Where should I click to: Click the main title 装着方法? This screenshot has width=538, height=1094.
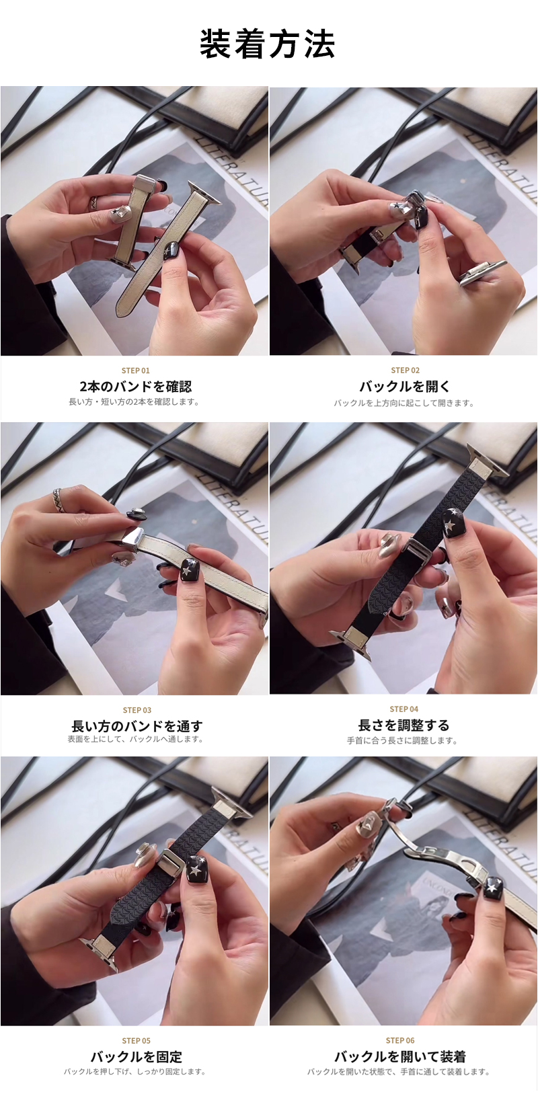click(268, 44)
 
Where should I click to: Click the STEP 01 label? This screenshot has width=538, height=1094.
click(136, 370)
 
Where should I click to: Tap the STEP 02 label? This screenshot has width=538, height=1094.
click(405, 370)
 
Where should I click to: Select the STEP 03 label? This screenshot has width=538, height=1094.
click(137, 710)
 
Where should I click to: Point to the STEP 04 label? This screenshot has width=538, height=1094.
click(404, 709)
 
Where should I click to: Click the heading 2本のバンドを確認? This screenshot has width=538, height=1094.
click(136, 387)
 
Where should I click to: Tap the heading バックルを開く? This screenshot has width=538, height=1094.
click(405, 387)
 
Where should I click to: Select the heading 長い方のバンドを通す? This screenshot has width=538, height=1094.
click(137, 726)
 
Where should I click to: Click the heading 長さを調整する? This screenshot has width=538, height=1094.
click(403, 726)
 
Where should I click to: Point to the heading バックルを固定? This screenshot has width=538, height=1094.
click(137, 1058)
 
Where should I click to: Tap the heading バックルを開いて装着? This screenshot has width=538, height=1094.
click(400, 1058)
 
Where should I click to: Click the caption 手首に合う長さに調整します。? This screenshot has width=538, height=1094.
click(403, 741)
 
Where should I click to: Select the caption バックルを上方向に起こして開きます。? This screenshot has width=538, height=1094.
click(404, 403)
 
